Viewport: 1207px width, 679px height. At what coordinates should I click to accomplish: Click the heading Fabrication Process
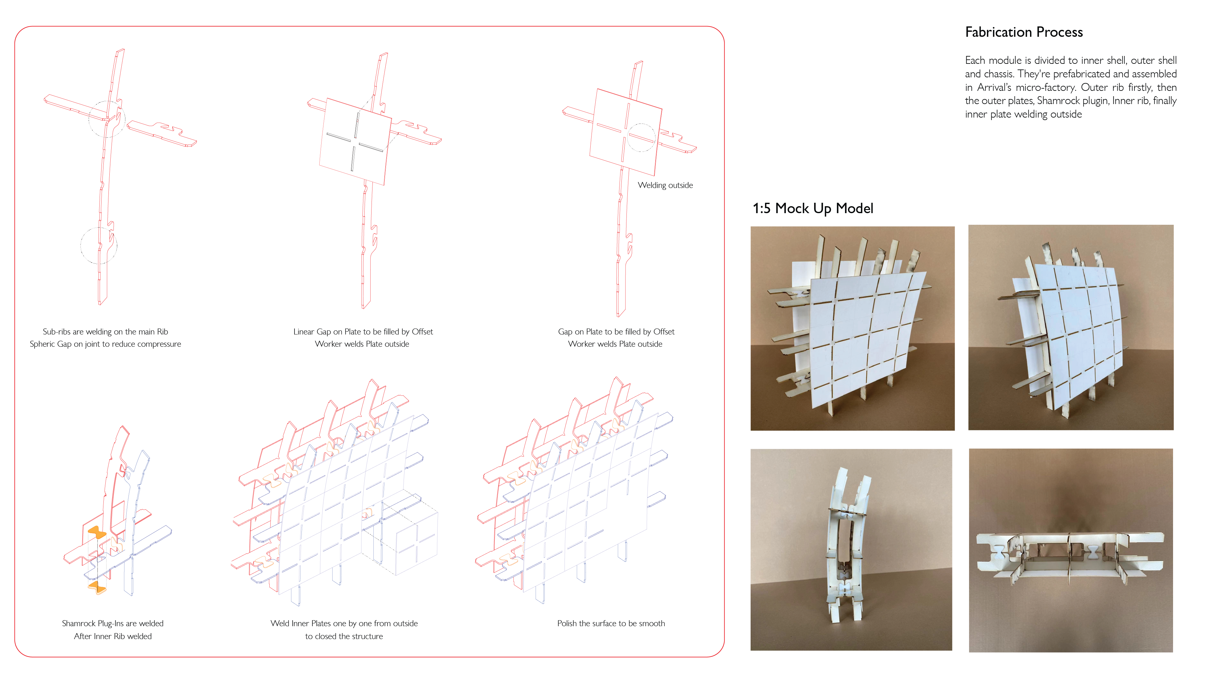[x=1023, y=32]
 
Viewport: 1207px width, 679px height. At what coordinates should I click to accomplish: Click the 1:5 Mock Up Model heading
[x=813, y=208]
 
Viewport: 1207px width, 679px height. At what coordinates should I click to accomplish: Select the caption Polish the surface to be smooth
[x=610, y=623]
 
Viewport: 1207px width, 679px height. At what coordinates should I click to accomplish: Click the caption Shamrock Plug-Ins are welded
[x=113, y=623]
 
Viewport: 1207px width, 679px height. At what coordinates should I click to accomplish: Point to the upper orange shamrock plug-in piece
[x=97, y=532]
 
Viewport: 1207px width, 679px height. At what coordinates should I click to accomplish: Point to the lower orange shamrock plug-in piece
[x=97, y=587]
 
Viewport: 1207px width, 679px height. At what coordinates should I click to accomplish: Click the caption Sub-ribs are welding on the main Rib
[x=105, y=332]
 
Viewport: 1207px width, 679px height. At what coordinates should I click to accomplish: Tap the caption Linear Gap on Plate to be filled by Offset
[x=363, y=332]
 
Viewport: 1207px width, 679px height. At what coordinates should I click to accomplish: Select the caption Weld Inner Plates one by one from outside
[x=344, y=623]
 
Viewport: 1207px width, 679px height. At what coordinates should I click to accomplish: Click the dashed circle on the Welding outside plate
[x=641, y=138]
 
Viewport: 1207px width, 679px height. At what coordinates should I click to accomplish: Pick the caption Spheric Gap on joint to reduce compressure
[x=105, y=344]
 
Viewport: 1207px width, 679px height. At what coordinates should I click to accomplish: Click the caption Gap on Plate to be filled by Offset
[x=616, y=332]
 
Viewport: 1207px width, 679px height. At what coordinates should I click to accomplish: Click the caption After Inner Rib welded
[x=113, y=636]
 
